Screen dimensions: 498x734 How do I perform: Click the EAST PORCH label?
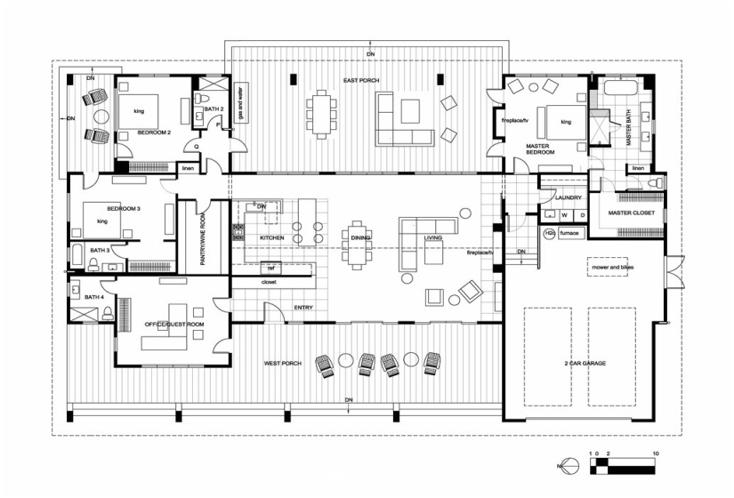363,81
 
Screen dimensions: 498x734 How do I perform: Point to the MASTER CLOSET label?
633,214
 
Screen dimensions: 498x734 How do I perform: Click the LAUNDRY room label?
569,197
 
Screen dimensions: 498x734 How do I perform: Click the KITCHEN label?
271,238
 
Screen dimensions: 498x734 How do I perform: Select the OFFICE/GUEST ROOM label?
174,325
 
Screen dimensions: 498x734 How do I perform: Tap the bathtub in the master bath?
621,87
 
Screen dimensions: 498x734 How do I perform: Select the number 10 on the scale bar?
655,454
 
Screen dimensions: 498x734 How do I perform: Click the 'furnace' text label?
569,233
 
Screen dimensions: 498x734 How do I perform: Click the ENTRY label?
302,308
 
